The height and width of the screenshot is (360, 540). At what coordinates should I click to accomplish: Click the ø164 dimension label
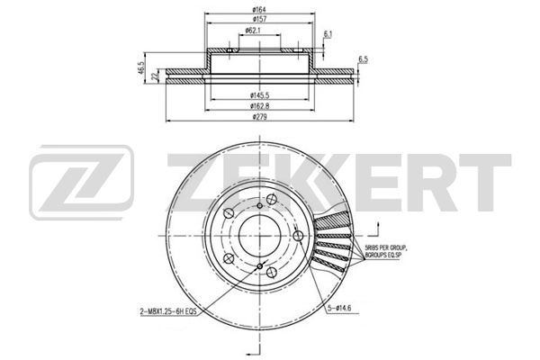click(x=258, y=10)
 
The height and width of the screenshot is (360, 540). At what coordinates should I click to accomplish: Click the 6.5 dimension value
click(x=364, y=59)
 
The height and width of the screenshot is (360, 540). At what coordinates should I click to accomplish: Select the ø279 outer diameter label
click(x=261, y=118)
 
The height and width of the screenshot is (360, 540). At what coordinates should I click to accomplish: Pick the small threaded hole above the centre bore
click(x=259, y=208)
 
